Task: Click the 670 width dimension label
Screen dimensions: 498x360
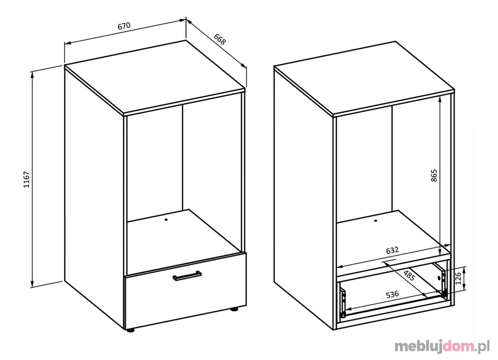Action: [x=124, y=26]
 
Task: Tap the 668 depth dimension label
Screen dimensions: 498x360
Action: [x=220, y=39]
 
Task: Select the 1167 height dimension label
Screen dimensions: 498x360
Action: [x=27, y=180]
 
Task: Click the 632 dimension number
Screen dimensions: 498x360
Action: [x=393, y=250]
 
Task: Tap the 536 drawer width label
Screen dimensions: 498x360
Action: [x=393, y=294]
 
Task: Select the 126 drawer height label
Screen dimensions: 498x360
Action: [x=458, y=279]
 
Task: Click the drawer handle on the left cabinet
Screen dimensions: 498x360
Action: [x=187, y=276]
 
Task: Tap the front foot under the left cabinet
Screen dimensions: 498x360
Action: [x=131, y=330]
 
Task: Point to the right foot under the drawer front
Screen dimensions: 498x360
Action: [x=234, y=309]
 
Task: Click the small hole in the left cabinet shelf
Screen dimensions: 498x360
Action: [x=166, y=220]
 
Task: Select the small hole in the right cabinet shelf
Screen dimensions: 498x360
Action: [x=376, y=221]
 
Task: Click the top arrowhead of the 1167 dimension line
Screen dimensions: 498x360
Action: [x=32, y=75]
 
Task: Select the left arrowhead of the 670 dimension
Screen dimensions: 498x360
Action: [x=68, y=43]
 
